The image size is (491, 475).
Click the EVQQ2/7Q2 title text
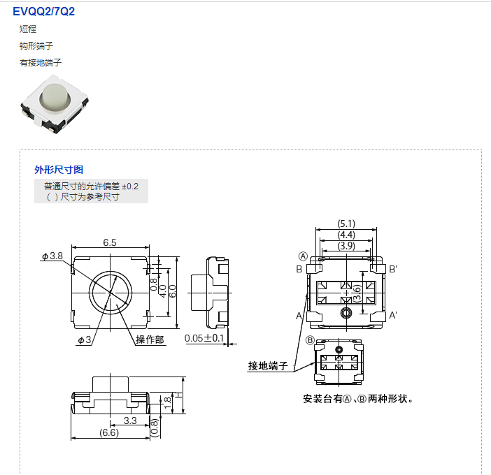[43, 11]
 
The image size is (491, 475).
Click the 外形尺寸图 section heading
[59, 170]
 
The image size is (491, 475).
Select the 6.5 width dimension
[109, 242]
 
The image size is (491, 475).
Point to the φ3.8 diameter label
[52, 256]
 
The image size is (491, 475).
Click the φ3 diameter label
[85, 339]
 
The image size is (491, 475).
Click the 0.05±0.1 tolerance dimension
[204, 338]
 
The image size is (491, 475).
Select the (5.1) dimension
[346, 224]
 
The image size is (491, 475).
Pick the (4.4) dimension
[346, 235]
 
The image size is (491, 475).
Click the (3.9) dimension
[346, 246]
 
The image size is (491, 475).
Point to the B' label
[393, 269]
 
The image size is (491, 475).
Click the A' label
[393, 316]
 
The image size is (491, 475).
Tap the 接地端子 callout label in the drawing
[269, 365]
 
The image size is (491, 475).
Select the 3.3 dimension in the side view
[129, 421]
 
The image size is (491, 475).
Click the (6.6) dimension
[110, 432]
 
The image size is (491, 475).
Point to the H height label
[178, 395]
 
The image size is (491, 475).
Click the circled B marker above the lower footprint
[309, 340]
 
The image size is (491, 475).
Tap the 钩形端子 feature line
[36, 45]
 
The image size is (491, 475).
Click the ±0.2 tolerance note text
[130, 187]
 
